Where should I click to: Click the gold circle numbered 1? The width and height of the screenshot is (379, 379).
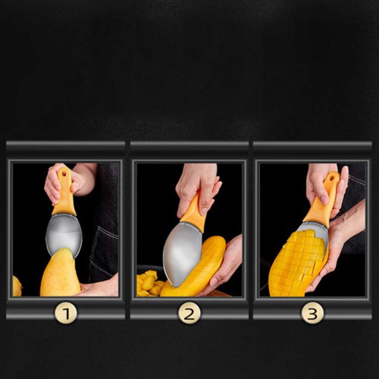66,313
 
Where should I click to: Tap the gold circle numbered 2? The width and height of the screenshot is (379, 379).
190,313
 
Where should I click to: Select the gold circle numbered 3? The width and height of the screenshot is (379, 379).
312,313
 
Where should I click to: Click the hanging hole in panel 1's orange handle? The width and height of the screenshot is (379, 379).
64,174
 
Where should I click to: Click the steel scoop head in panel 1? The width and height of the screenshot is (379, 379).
63,234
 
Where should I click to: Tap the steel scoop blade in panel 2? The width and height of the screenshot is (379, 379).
182,254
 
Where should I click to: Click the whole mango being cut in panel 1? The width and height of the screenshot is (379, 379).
61,273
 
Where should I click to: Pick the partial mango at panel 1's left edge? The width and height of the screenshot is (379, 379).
16,286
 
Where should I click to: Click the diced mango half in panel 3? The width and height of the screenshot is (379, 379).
298,264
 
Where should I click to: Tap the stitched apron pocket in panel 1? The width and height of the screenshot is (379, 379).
104,254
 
